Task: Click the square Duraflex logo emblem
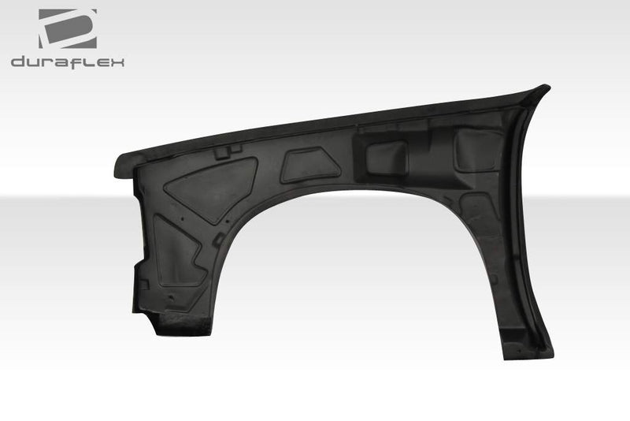click(68, 28)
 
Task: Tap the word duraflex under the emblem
click(68, 61)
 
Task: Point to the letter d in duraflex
click(18, 61)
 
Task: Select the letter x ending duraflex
click(117, 61)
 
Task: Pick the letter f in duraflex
click(76, 61)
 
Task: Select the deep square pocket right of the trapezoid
click(387, 157)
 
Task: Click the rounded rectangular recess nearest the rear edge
click(477, 150)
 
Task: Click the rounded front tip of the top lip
click(118, 167)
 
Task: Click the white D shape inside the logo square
click(66, 29)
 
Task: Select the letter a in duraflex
click(59, 61)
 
